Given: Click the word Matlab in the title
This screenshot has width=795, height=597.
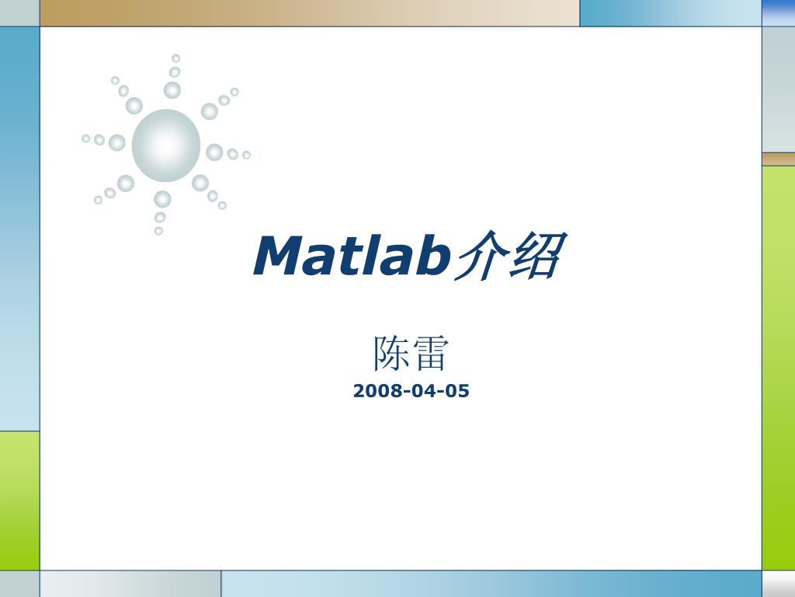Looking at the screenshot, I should coord(352,257).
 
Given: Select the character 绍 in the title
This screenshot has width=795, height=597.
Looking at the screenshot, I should coord(533,257).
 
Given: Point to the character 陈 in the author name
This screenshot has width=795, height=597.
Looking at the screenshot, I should coord(391,354).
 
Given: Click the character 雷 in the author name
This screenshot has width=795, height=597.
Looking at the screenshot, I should coord(429,354).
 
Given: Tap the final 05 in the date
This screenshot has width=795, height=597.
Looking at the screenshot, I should coord(459,390).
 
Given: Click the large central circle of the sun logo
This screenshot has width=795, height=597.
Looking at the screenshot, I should coord(165,145).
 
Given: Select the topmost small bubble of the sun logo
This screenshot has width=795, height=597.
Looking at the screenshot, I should coord(176,58).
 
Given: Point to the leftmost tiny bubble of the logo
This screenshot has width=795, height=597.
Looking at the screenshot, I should coord(86,138).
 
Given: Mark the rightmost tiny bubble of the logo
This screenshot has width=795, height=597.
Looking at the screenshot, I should coord(247,155).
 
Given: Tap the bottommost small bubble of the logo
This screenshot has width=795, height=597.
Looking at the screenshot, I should coord(158,230).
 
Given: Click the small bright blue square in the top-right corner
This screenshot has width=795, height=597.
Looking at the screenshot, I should coord(778,12).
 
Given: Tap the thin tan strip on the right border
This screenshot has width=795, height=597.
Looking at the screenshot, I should coord(778,159).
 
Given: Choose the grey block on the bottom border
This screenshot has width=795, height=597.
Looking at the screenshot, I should coord(130,584).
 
